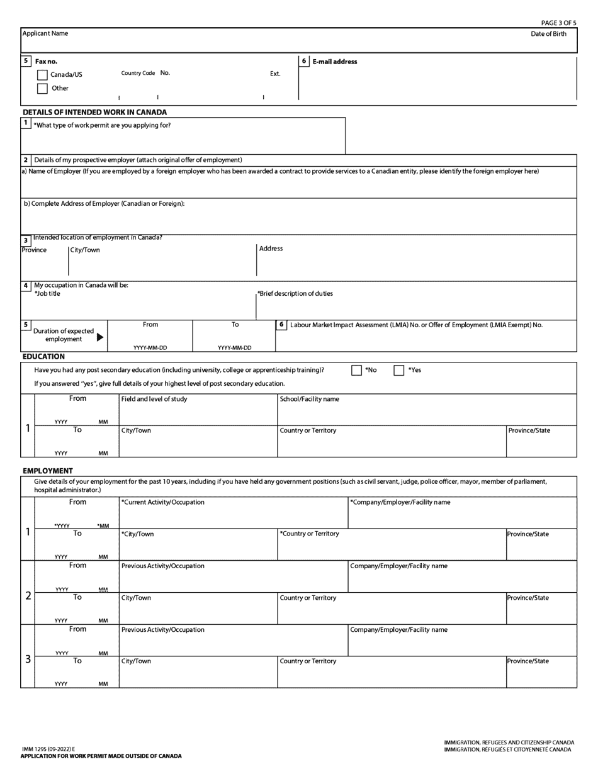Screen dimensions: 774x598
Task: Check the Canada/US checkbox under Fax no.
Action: [x=42, y=75]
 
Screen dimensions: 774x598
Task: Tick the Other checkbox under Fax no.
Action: [x=42, y=89]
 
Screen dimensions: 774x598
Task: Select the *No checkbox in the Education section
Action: [x=356, y=370]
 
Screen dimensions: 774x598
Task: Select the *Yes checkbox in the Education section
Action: [x=398, y=370]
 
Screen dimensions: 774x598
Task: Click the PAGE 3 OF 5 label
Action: [x=558, y=23]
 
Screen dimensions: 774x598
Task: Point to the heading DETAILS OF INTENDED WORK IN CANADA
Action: [x=94, y=112]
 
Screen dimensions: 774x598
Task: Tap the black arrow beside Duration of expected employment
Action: [x=100, y=338]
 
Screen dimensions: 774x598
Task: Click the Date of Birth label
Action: [x=548, y=34]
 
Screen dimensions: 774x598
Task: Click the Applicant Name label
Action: [x=45, y=33]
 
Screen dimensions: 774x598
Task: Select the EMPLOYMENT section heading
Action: [x=48, y=471]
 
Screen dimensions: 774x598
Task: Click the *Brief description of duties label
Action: [x=295, y=294]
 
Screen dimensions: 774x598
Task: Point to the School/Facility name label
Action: [x=309, y=399]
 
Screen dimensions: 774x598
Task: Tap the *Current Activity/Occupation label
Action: [x=162, y=502]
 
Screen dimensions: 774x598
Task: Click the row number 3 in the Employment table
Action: [x=28, y=659]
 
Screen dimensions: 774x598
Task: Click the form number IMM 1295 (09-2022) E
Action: [x=48, y=749]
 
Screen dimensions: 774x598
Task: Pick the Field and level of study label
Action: [x=154, y=399]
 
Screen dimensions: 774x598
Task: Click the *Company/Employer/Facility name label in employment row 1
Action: [x=400, y=502]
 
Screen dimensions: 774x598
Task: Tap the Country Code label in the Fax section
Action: [x=138, y=73]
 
